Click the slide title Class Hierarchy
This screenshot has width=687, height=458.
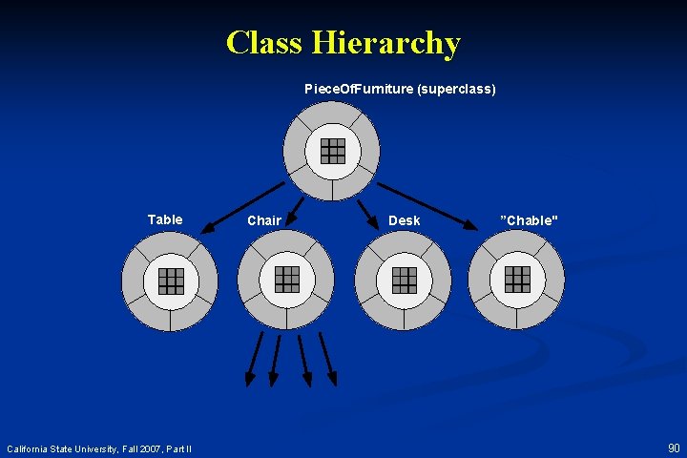pyautogui.click(x=343, y=43)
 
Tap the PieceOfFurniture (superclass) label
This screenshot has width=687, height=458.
pyautogui.click(x=400, y=89)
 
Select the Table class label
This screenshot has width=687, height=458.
pyautogui.click(x=165, y=219)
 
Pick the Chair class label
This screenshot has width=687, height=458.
pyautogui.click(x=264, y=220)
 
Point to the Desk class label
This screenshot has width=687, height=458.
pyautogui.click(x=404, y=220)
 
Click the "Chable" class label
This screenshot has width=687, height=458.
pyautogui.click(x=530, y=220)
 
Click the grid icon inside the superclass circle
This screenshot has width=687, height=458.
pyautogui.click(x=332, y=151)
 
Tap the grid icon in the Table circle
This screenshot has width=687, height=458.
pyautogui.click(x=170, y=280)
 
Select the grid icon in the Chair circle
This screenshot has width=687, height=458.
pyautogui.click(x=286, y=279)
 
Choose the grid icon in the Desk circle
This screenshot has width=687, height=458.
pyautogui.click(x=404, y=279)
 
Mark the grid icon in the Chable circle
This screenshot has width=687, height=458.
pyautogui.click(x=517, y=279)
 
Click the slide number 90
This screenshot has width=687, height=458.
pyautogui.click(x=674, y=448)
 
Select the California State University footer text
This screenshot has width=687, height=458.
pyautogui.click(x=99, y=448)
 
